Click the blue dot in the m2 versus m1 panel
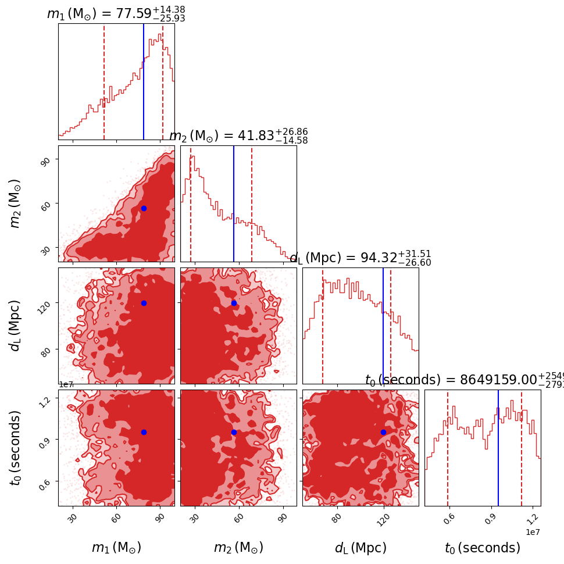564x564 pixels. tap(144, 208)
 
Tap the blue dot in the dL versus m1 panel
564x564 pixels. tap(144, 303)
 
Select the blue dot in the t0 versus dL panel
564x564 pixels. tap(383, 432)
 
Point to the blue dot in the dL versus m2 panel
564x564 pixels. tap(234, 303)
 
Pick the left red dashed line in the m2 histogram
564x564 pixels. tap(191, 204)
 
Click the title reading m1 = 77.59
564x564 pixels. tap(116, 13)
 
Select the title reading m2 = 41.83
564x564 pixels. tap(238, 136)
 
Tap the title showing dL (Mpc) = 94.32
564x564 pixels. tap(360, 258)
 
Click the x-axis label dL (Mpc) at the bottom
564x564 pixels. tap(360, 548)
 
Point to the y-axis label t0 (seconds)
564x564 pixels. tap(16, 448)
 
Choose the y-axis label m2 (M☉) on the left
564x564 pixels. tap(16, 204)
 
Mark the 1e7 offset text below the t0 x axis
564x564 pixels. tap(533, 532)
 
